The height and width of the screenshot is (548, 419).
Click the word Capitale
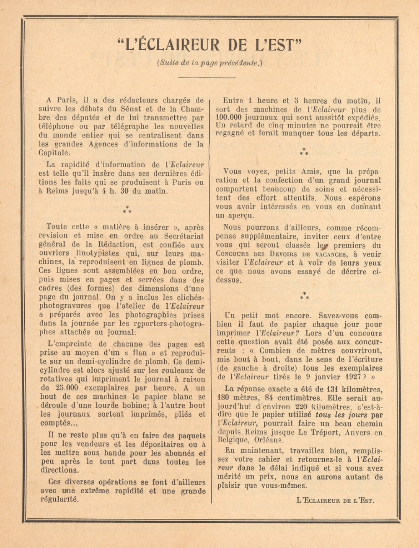tap(54, 153)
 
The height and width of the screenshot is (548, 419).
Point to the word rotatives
tap(57, 379)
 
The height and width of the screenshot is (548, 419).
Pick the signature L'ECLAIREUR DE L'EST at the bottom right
tap(335, 500)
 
